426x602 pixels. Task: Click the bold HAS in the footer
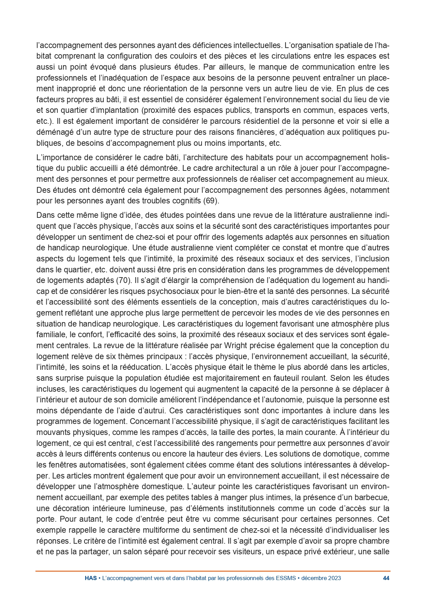pos(91,578)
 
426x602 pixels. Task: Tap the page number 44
pos(386,578)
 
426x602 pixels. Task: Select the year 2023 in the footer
pos(334,578)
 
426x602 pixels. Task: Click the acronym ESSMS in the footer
pos(286,578)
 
